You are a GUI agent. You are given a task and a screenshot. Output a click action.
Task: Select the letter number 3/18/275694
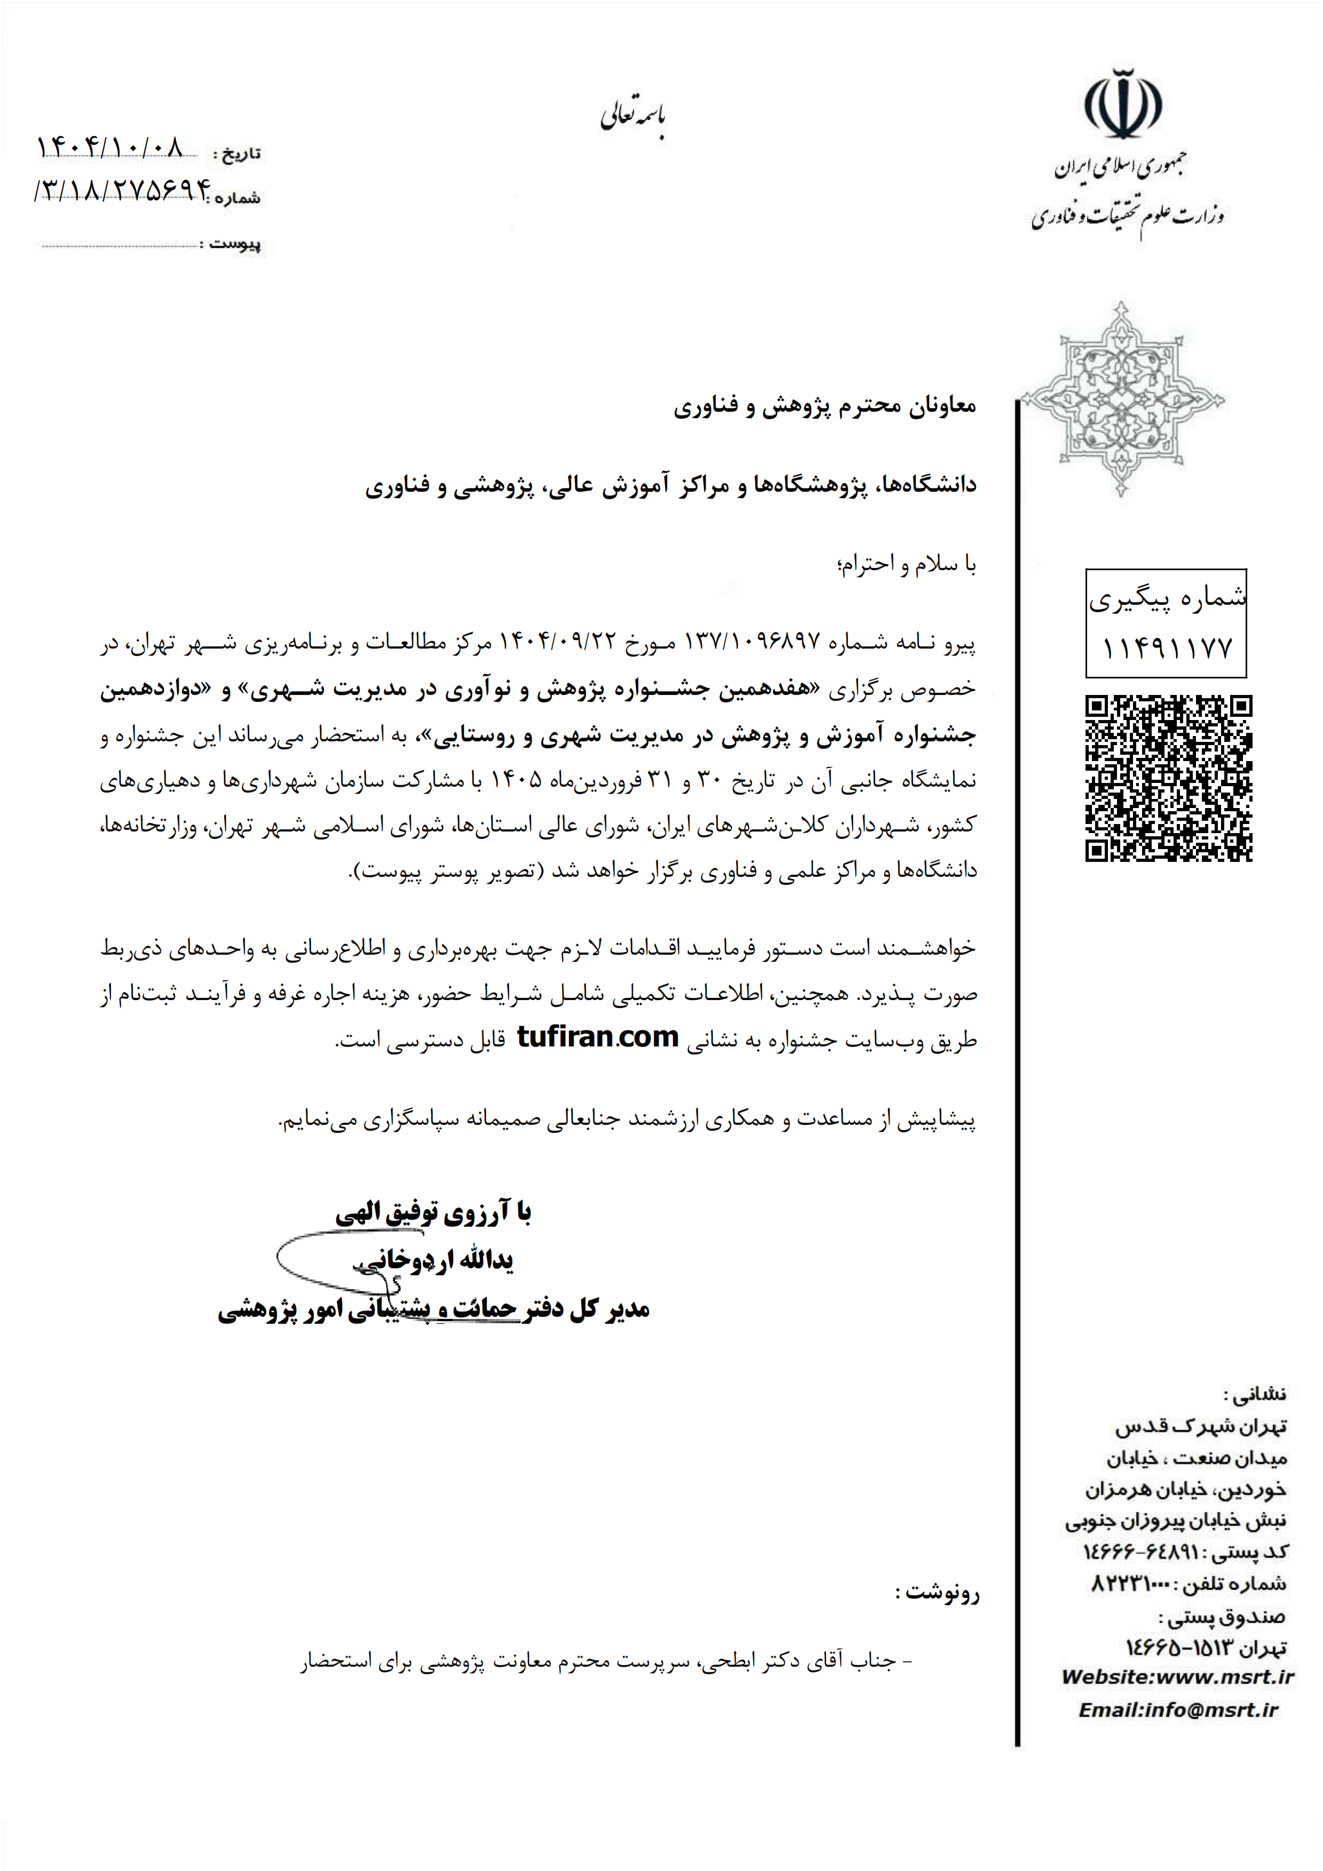click(x=122, y=191)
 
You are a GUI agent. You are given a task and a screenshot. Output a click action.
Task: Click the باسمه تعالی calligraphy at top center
click(x=633, y=118)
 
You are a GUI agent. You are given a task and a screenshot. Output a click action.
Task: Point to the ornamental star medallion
click(x=1122, y=399)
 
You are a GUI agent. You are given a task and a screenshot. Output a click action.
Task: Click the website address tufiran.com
click(x=598, y=1037)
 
